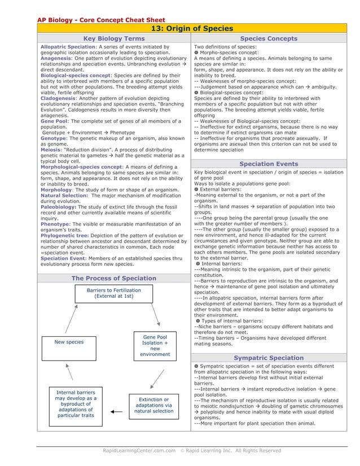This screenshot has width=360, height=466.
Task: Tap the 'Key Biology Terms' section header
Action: [114, 38]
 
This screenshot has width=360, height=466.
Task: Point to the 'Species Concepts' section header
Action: [269, 38]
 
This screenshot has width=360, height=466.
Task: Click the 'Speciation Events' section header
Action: [269, 164]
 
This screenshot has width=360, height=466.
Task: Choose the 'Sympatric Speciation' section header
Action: [269, 358]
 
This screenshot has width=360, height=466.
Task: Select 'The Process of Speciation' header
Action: [114, 278]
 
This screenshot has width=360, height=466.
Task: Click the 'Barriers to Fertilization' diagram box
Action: [114, 293]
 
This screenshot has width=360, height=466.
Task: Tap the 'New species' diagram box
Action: [69, 342]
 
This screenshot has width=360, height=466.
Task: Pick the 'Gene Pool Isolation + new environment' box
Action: [155, 345]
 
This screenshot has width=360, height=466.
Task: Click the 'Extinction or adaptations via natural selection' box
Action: [155, 405]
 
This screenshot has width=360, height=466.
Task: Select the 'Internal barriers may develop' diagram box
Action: [76, 403]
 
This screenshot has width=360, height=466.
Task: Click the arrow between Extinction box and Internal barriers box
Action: [117, 412]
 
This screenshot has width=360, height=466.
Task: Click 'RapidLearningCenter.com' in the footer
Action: [135, 450]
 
